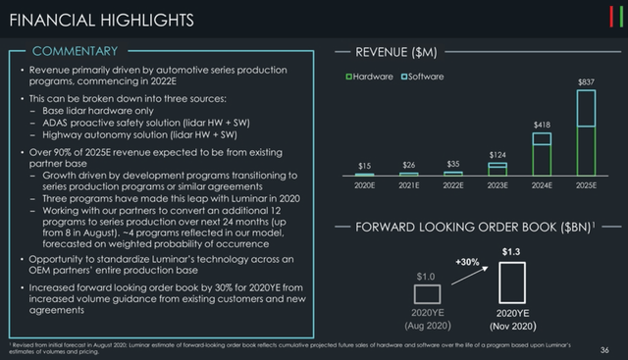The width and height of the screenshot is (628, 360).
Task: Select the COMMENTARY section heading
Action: (x=75, y=50)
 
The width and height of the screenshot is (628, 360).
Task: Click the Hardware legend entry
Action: (x=372, y=77)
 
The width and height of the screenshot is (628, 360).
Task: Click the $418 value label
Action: (x=543, y=126)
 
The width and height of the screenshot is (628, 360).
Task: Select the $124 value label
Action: (x=499, y=155)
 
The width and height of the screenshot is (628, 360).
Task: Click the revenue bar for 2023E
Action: (x=499, y=169)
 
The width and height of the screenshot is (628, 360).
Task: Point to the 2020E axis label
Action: (x=365, y=184)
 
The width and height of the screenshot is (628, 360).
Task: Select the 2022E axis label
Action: (x=454, y=184)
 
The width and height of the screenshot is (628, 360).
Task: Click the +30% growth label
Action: (x=466, y=262)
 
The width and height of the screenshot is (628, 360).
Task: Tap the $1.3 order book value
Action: (x=510, y=252)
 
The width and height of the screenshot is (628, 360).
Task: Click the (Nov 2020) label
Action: (x=511, y=325)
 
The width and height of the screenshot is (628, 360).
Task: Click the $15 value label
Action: (x=365, y=166)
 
